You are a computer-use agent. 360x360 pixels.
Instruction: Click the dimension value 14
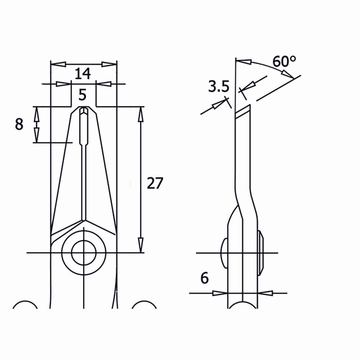pyautogui.click(x=82, y=73)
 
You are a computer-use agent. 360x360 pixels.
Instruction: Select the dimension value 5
pyautogui.click(x=82, y=95)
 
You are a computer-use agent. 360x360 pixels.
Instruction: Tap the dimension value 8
pyautogui.click(x=19, y=124)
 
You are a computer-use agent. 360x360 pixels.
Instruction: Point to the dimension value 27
pyautogui.click(x=155, y=183)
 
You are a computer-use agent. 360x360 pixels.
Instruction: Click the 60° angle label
pyautogui.click(x=284, y=62)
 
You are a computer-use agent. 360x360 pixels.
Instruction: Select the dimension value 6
pyautogui.click(x=204, y=278)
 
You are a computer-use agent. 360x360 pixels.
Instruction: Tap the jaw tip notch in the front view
pyautogui.click(x=84, y=110)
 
